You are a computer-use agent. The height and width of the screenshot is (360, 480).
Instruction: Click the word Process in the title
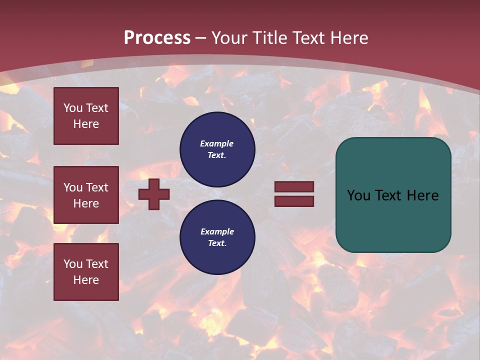click(x=157, y=38)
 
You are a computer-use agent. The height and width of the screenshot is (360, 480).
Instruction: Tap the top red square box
click(x=86, y=116)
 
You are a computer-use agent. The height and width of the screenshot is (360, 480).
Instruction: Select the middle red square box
click(x=86, y=195)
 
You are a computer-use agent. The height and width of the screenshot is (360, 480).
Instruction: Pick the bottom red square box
click(x=86, y=272)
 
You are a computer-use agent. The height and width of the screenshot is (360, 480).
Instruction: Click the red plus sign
click(x=154, y=194)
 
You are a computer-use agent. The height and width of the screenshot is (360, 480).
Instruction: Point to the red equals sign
click(x=294, y=194)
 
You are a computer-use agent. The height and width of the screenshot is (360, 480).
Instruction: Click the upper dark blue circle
click(x=217, y=149)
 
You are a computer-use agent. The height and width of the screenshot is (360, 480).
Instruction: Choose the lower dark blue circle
click(x=217, y=237)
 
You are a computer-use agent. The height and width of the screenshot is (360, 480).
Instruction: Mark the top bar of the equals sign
click(x=294, y=187)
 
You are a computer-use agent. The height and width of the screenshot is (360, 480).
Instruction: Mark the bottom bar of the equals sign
click(x=294, y=201)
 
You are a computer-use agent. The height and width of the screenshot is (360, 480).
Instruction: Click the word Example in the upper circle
click(x=217, y=143)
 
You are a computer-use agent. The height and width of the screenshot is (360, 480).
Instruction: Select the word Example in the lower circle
click(x=217, y=231)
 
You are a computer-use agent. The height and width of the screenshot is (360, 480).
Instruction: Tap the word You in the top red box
click(x=73, y=108)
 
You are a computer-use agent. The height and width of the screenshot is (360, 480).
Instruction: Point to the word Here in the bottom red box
click(x=86, y=280)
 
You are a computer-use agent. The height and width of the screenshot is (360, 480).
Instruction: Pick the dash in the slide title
click(x=201, y=38)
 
